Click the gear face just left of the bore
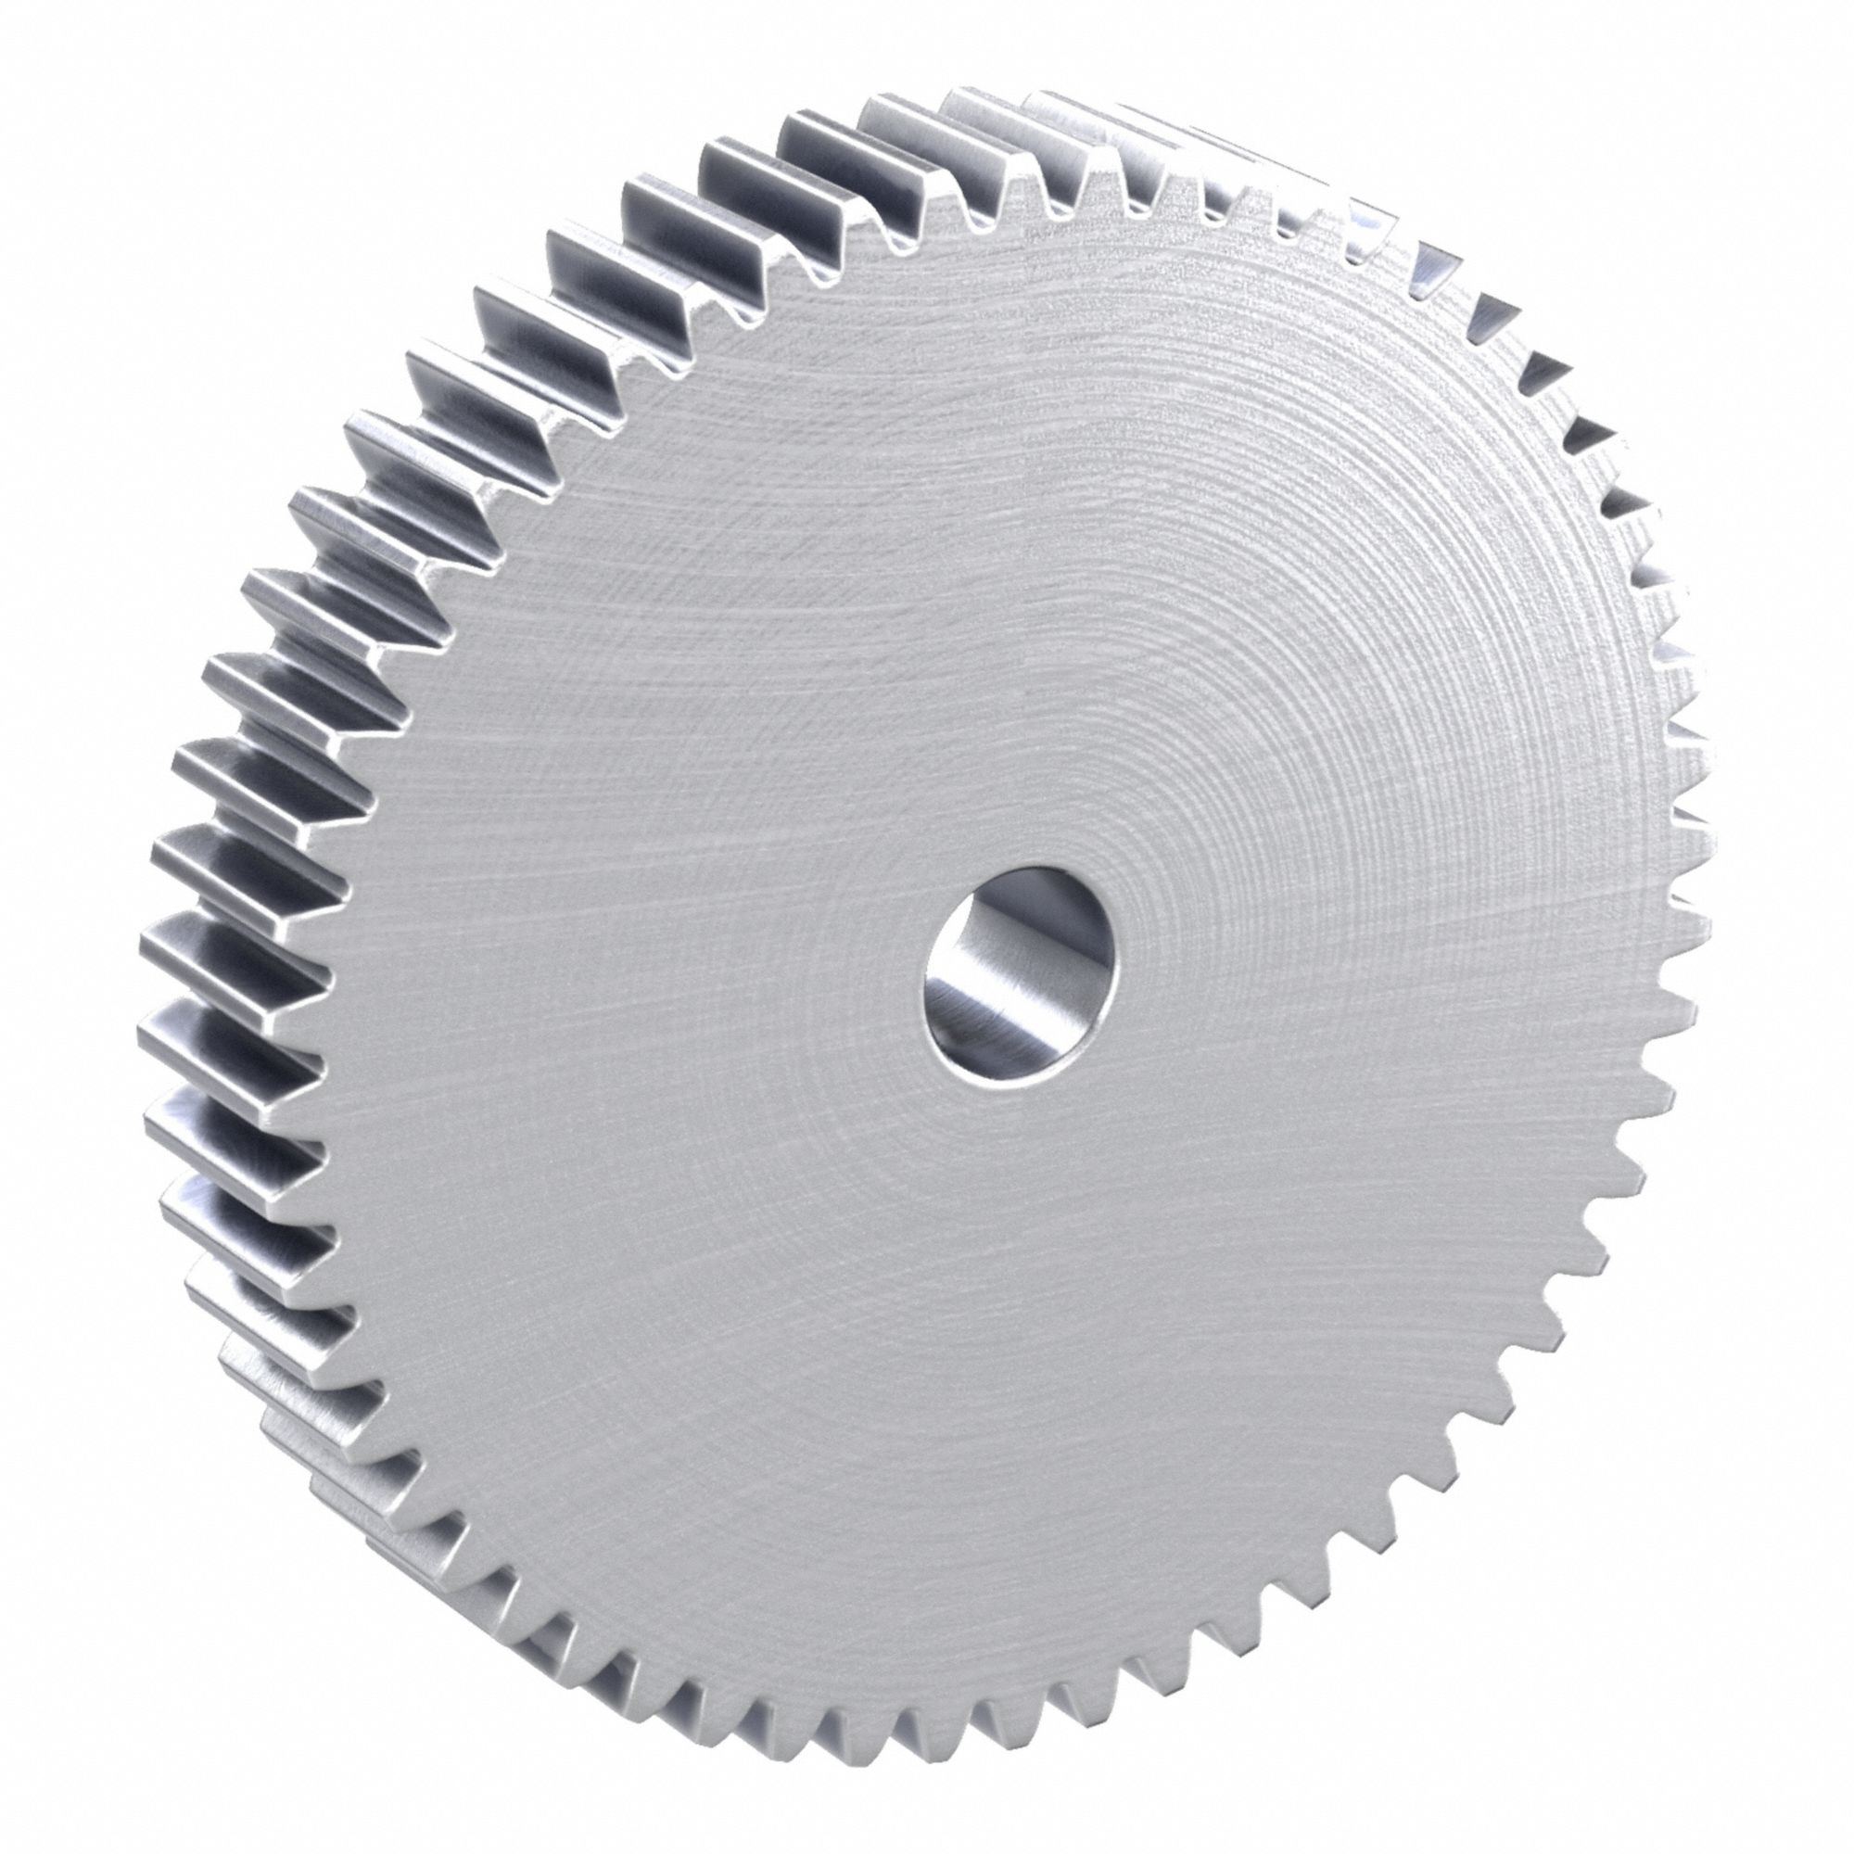816,998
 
